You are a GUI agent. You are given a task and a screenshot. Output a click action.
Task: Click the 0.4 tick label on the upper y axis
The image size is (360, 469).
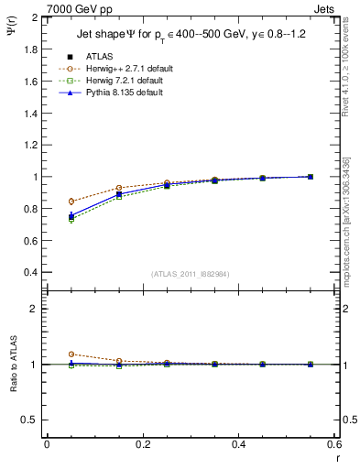(32, 273)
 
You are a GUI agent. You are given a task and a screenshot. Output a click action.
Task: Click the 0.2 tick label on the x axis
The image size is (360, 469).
(143, 444)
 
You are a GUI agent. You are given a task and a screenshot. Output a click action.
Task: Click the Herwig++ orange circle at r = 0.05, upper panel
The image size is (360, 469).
(71, 201)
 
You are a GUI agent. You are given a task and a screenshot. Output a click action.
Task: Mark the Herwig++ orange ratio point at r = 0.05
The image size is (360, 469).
(71, 354)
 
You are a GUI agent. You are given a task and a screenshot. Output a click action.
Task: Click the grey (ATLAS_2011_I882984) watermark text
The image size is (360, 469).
(191, 274)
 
